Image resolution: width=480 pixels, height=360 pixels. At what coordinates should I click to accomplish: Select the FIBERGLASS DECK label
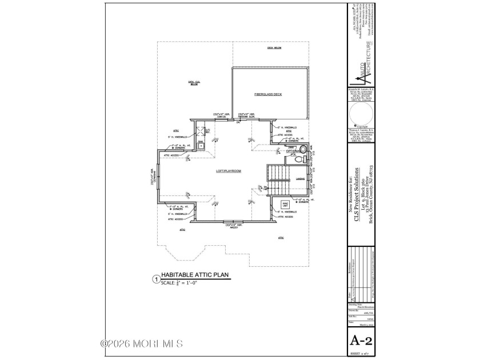tap(269, 94)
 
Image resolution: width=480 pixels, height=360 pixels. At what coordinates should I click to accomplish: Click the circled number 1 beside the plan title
tap(154, 279)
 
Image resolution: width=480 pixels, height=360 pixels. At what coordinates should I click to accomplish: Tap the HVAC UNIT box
tap(285, 205)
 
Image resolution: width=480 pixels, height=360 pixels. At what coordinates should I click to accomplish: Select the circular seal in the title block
tap(361, 116)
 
